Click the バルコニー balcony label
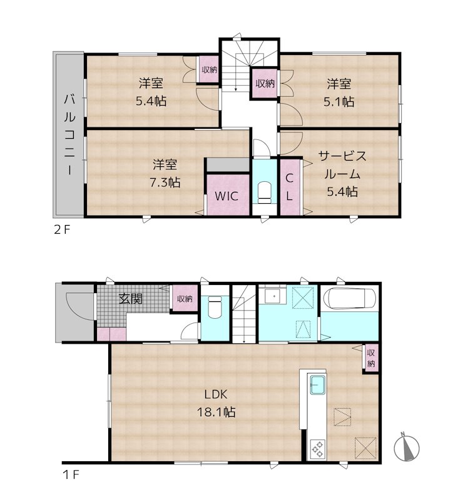[x=69, y=134]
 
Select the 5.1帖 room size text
[x=338, y=101]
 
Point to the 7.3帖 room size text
[x=165, y=182]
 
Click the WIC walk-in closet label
[x=226, y=195]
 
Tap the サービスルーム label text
[x=342, y=165]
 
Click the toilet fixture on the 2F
[x=263, y=192]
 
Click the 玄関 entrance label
[x=130, y=298]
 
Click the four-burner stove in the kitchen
[x=317, y=448]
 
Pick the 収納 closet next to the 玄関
[x=184, y=299]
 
